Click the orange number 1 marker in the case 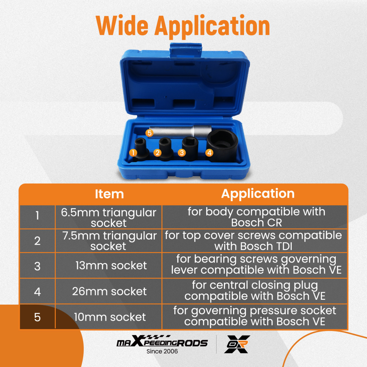coord(133,152)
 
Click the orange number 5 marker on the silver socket coord(149,133)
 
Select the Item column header coord(109,194)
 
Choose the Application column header coord(258,194)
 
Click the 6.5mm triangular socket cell coord(109,217)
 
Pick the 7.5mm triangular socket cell coord(109,241)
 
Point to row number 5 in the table coord(37,317)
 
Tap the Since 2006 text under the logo coord(162,351)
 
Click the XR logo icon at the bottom coord(237,344)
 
